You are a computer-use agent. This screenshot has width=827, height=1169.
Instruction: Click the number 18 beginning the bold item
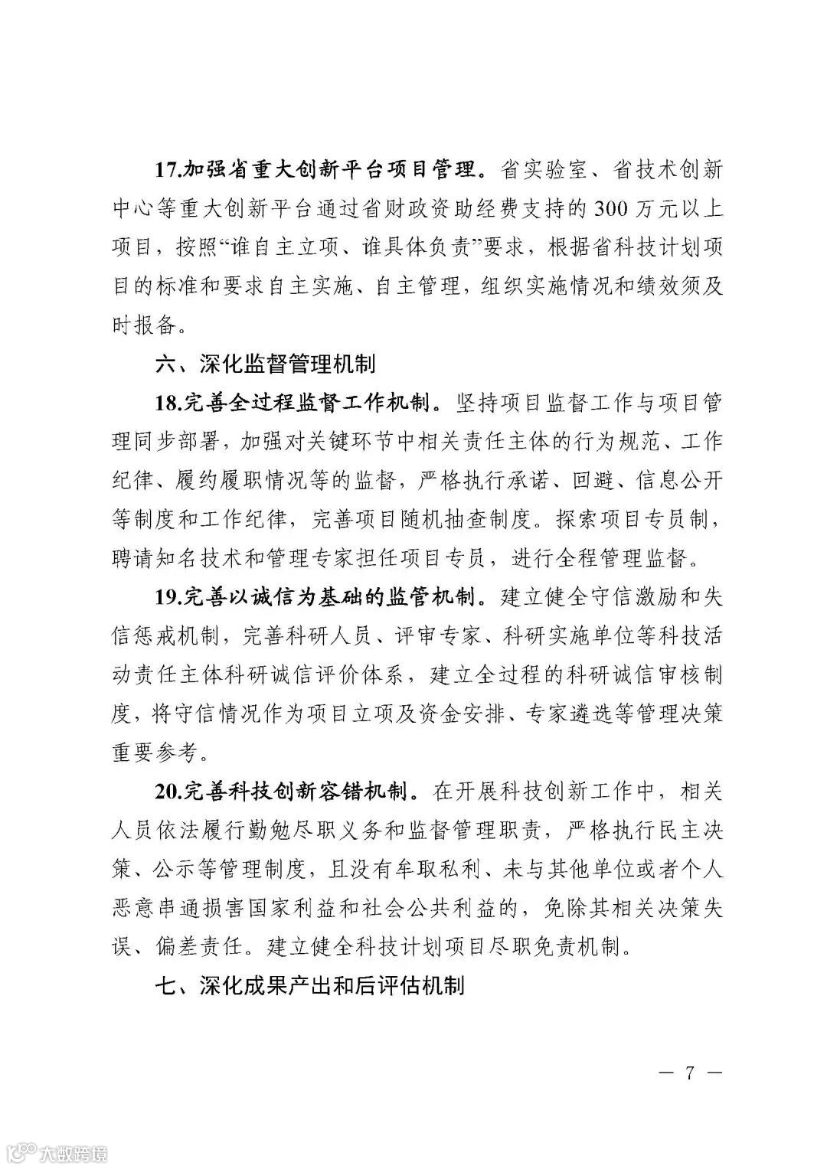[x=168, y=403]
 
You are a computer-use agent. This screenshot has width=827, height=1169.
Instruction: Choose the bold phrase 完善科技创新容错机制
[x=299, y=791]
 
